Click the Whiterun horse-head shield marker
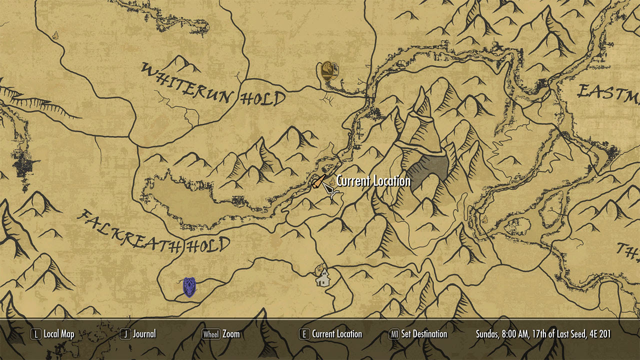pyautogui.click(x=328, y=71)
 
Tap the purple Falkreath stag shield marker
pyautogui.click(x=189, y=287)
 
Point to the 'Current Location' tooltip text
pyautogui.click(x=373, y=181)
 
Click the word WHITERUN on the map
pyautogui.click(x=188, y=82)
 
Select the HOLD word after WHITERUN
pyautogui.click(x=263, y=98)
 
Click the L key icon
pyautogui.click(x=35, y=334)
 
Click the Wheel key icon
pyautogui.click(x=210, y=334)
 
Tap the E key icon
pyautogui.click(x=304, y=334)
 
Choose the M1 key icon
pyautogui.click(x=394, y=334)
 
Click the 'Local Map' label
pyautogui.click(x=59, y=334)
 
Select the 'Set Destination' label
pyautogui.click(x=424, y=334)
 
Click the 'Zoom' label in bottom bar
pyautogui.click(x=231, y=334)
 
